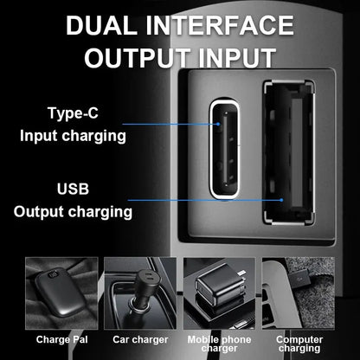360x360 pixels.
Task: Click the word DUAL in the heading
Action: tap(101, 25)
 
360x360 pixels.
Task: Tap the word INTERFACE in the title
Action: tap(220, 25)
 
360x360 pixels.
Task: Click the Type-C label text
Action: tap(73, 113)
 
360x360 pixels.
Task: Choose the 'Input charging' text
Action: tap(73, 136)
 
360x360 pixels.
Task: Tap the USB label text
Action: tap(73, 190)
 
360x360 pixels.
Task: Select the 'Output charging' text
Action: tap(73, 212)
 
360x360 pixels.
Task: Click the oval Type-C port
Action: tap(225, 148)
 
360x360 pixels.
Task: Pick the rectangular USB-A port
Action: tap(288, 152)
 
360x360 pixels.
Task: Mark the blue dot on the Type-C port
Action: tap(218, 124)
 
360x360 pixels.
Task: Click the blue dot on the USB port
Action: tap(282, 200)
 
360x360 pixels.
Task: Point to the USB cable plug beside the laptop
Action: tap(302, 279)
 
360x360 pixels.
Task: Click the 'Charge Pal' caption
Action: tap(61, 339)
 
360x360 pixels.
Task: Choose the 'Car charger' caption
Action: tap(140, 339)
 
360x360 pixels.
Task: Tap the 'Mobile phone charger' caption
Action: tap(219, 344)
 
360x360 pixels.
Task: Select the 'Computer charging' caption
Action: tap(299, 344)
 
